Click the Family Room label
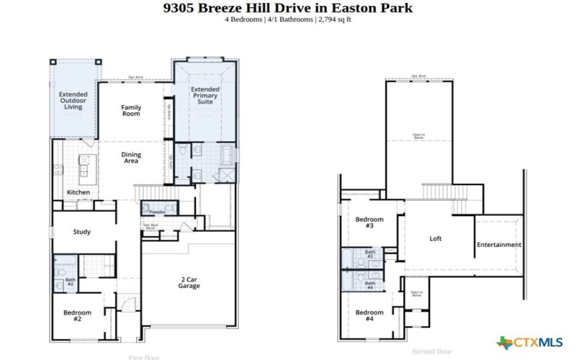coord(130,111)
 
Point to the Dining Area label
coord(131,158)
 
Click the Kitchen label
coord(78,192)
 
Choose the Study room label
coord(81,232)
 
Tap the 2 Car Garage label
coord(189,282)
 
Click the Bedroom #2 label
coord(77,315)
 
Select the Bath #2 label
coord(71,282)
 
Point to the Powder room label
coord(158,212)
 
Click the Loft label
coord(436,238)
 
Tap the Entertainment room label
coord(499,245)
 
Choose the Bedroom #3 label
coord(369,222)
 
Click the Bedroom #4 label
coord(369,315)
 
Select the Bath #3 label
coord(369,254)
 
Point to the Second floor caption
coord(432,351)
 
